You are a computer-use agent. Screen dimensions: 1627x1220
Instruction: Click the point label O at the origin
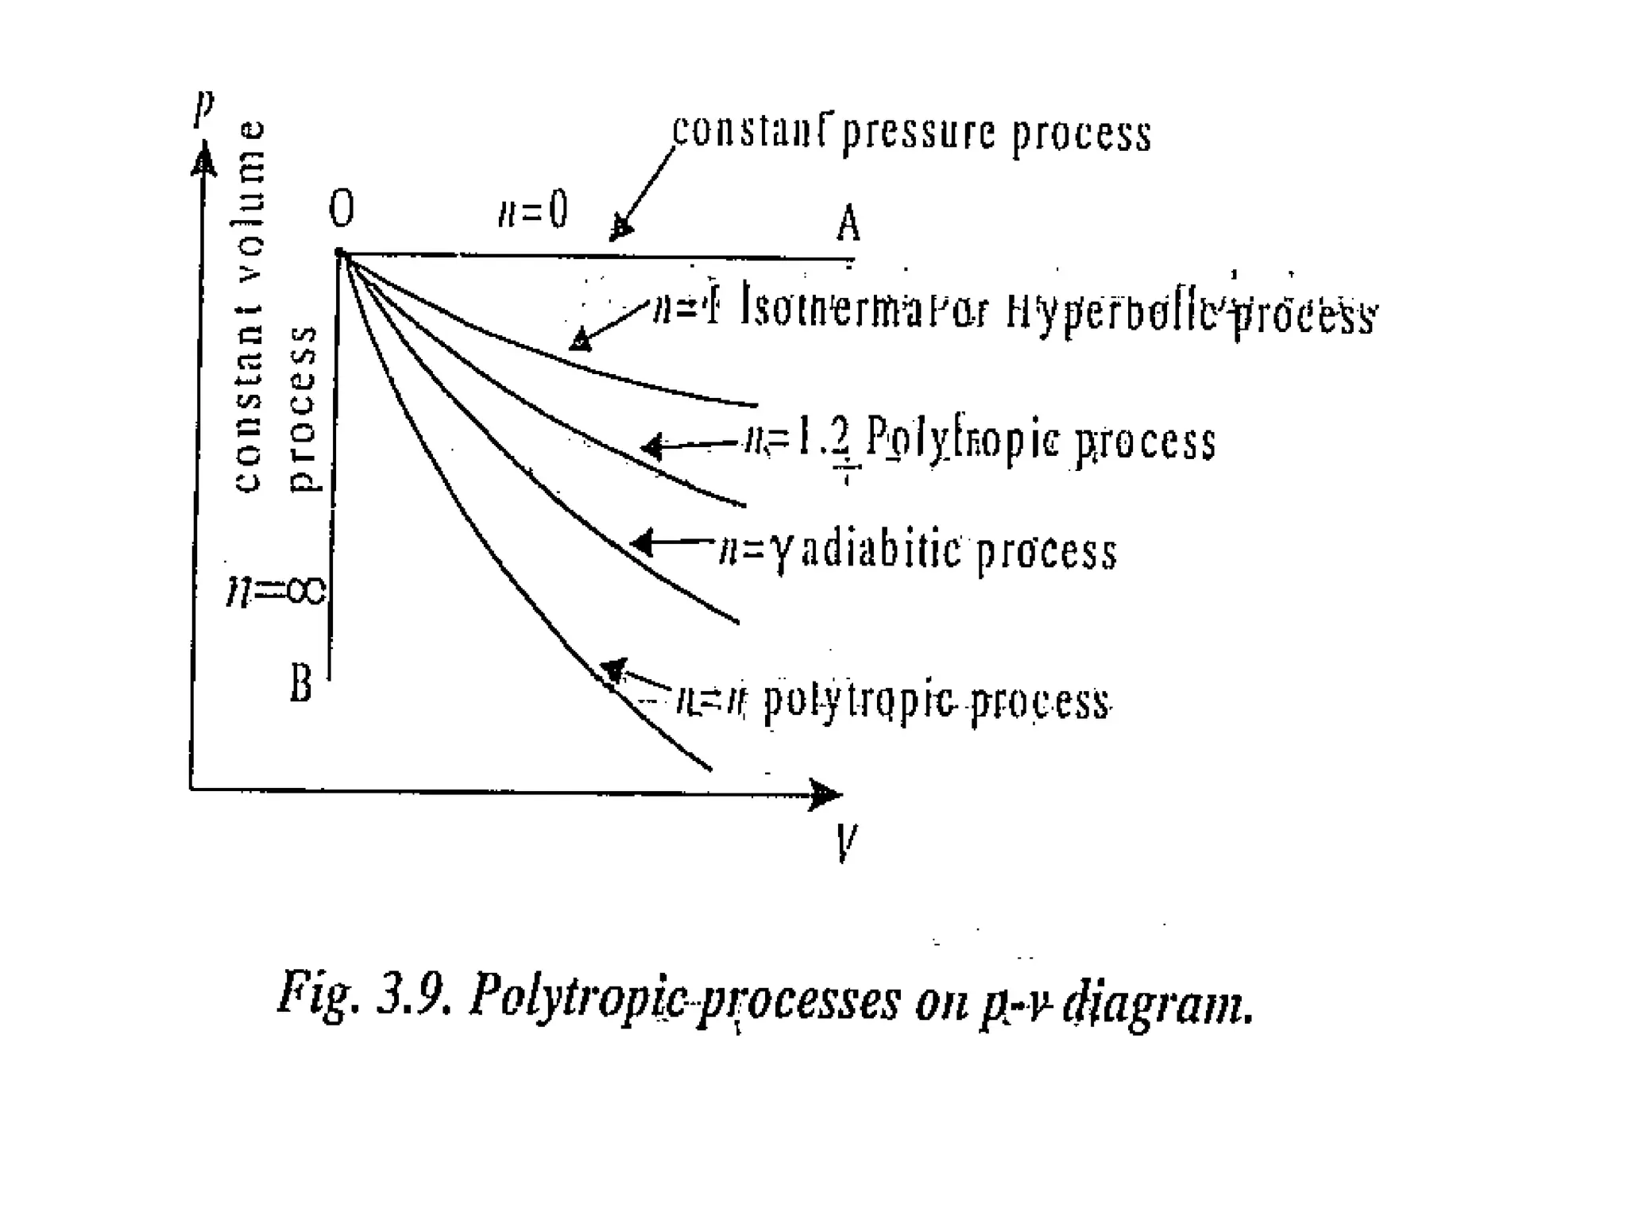click(342, 210)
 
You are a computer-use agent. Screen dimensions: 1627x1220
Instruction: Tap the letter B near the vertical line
click(301, 683)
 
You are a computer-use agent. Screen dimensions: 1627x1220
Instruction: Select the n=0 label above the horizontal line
click(532, 211)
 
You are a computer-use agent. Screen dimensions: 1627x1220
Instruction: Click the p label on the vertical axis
click(204, 109)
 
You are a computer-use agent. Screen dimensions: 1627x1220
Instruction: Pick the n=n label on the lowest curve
click(711, 701)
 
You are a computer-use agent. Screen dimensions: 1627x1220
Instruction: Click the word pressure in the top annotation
click(921, 133)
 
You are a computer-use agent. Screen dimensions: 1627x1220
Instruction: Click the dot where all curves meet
click(340, 253)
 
